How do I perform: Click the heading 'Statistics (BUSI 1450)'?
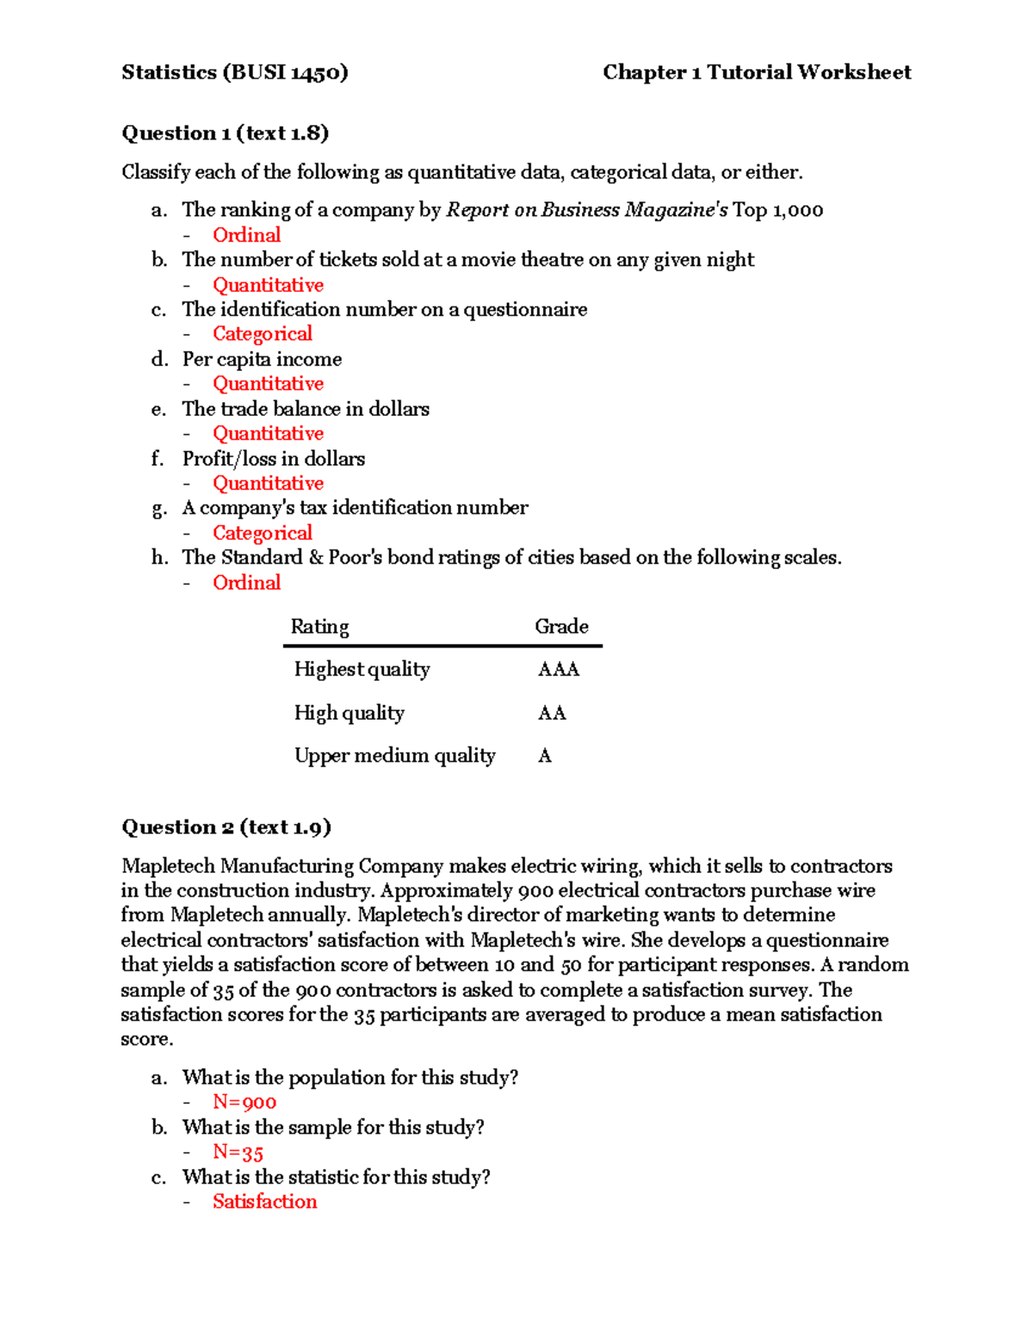coord(234,72)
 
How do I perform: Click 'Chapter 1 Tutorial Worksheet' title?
coord(756,72)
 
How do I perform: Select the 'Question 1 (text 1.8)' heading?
coord(225,133)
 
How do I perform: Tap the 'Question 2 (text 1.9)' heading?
coord(226,827)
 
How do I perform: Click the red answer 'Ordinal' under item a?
coord(246,235)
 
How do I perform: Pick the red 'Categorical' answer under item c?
coord(262,334)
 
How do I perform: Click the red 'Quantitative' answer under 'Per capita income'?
coord(268,384)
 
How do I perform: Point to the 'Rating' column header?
coord(319,627)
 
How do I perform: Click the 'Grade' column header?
coord(561,627)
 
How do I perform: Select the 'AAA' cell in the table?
coord(558,670)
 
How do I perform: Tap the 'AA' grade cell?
coord(552,713)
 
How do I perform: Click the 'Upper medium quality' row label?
coord(394,756)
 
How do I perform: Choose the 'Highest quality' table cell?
coord(362,670)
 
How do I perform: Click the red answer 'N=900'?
coord(244,1103)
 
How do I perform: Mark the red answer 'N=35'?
coord(238,1153)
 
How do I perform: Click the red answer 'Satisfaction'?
coord(264,1202)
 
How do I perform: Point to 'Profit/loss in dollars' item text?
coord(273,459)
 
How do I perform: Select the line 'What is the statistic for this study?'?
coord(336,1177)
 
